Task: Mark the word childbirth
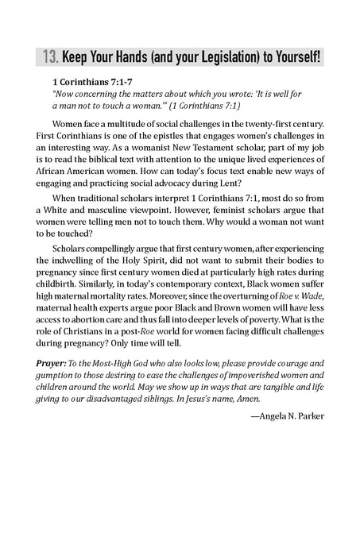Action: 71,319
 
